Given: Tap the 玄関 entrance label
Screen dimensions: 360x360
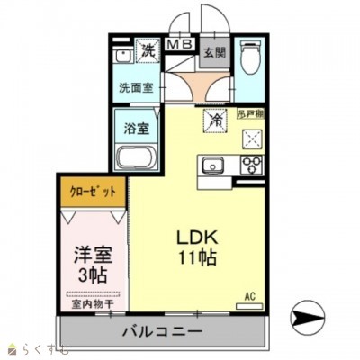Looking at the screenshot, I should [213, 51].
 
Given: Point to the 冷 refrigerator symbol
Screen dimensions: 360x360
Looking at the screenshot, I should [216, 117].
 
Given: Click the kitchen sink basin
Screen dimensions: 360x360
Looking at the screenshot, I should [214, 166].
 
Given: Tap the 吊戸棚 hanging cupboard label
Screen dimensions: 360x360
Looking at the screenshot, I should [250, 114].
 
